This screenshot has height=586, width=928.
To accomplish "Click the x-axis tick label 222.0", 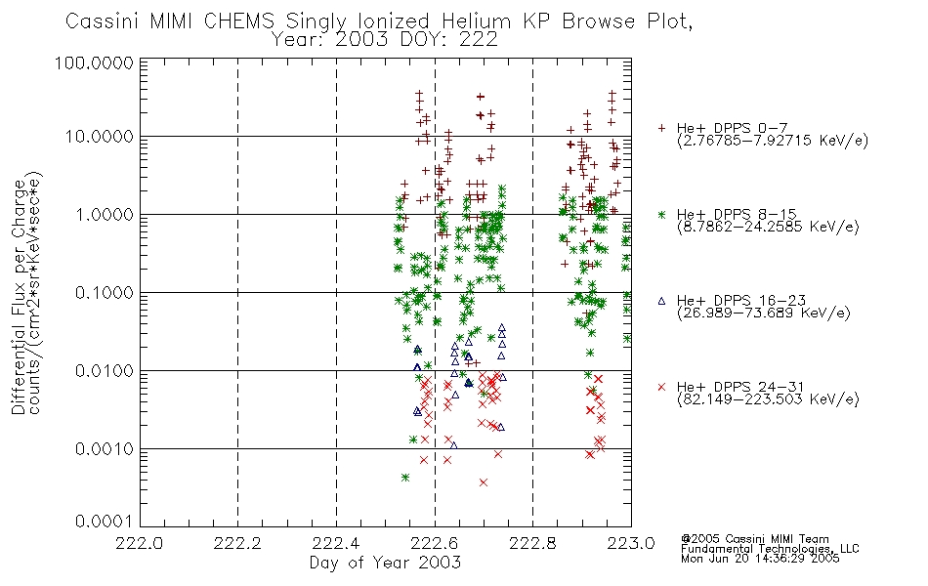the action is [x=139, y=543].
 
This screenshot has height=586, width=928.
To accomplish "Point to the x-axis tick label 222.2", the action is [x=238, y=543].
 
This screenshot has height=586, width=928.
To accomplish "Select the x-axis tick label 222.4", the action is [x=336, y=543].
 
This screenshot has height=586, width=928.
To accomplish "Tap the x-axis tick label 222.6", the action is [x=435, y=543].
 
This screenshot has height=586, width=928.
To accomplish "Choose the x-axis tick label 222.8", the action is [x=532, y=543].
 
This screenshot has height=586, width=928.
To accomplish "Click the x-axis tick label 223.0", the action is [x=631, y=543].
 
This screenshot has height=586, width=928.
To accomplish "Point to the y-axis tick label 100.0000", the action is [x=95, y=63].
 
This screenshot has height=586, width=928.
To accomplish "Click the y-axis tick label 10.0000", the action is [x=100, y=137].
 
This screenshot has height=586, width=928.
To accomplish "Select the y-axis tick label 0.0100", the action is [x=105, y=371].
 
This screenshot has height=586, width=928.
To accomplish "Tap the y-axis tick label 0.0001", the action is [x=105, y=522].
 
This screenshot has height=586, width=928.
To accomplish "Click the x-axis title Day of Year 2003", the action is [x=385, y=563].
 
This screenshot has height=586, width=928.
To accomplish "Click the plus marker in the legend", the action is [x=661, y=128].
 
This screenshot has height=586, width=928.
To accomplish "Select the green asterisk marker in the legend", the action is [x=661, y=214].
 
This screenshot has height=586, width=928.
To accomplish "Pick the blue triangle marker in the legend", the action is [x=661, y=301].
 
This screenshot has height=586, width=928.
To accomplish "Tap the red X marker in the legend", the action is [x=661, y=387].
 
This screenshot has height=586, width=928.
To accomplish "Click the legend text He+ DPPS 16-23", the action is [x=741, y=301].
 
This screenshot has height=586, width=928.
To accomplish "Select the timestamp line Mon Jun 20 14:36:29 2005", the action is [x=760, y=559].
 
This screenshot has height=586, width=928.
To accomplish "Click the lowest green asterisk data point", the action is [x=405, y=477].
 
